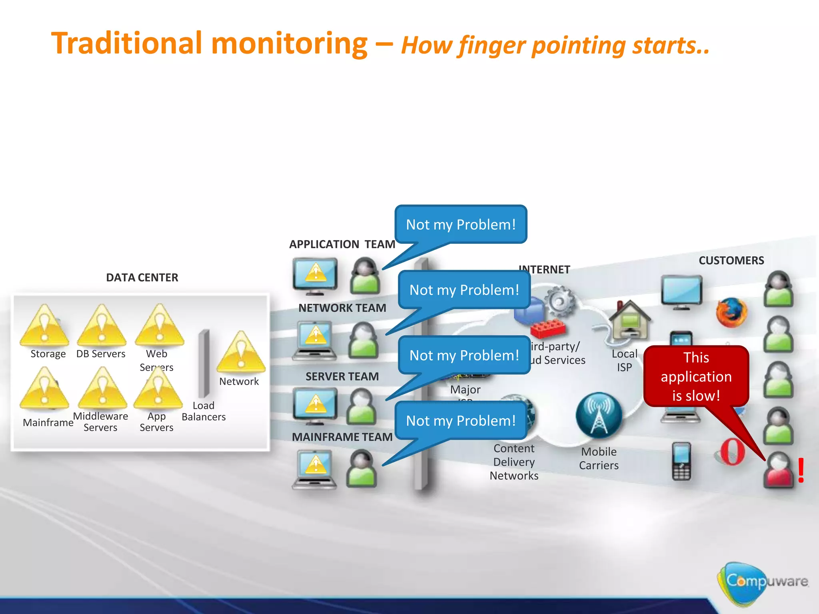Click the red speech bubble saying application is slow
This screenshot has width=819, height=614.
(x=696, y=376)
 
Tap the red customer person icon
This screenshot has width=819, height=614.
(x=778, y=470)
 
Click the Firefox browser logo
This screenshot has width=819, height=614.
(x=731, y=312)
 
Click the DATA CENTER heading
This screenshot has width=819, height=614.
(x=142, y=277)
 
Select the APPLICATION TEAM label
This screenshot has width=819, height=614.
(x=342, y=244)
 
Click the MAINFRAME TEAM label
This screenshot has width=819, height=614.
(x=342, y=437)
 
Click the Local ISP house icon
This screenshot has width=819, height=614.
(x=629, y=320)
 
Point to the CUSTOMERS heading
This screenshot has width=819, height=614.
(x=731, y=261)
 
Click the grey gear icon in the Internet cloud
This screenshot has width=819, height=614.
(x=560, y=302)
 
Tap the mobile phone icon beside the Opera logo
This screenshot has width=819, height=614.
(x=681, y=461)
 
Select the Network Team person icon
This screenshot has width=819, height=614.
(x=363, y=340)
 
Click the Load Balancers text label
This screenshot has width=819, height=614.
(x=204, y=411)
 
